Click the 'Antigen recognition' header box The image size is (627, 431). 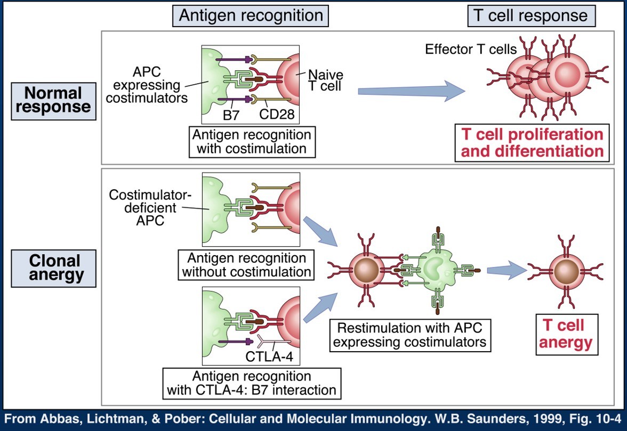click(x=251, y=15)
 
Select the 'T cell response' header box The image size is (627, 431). click(x=531, y=15)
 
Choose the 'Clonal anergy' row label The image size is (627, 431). click(x=53, y=267)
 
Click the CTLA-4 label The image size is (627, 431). click(x=268, y=354)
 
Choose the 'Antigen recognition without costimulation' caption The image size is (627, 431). click(x=247, y=265)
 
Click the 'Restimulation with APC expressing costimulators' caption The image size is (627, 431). click(x=409, y=334)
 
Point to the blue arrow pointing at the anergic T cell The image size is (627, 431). click(x=505, y=269)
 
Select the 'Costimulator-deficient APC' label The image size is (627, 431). click(x=143, y=208)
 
